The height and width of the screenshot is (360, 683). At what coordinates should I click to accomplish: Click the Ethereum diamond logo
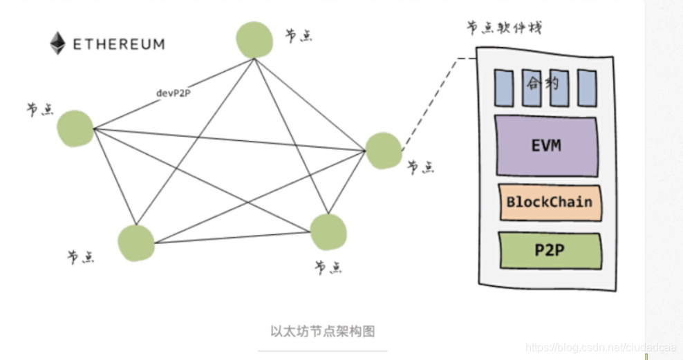tap(57, 44)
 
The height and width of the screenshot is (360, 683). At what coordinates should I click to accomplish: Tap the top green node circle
tap(254, 40)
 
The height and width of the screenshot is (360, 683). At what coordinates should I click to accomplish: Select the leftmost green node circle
tap(75, 129)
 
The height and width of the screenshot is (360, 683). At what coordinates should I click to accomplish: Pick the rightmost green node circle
tap(382, 151)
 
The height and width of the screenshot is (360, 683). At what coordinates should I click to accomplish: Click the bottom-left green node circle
tap(135, 243)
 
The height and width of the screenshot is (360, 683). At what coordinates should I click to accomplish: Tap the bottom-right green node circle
tap(328, 232)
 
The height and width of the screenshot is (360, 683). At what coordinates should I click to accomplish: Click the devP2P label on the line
tap(174, 92)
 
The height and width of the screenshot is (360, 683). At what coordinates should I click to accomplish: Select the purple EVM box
tap(546, 146)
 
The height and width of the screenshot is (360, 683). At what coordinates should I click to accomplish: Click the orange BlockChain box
tap(549, 202)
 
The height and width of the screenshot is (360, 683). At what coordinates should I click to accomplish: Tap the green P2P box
tap(549, 250)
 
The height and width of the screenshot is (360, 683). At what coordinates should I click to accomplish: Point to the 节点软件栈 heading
tap(504, 28)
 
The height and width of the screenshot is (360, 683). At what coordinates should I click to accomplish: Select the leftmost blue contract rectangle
tap(503, 87)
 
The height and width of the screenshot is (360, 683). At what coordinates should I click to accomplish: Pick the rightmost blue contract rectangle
tap(587, 87)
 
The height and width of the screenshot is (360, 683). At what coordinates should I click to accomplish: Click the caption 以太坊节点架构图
tap(322, 331)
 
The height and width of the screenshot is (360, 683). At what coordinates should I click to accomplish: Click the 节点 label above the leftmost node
tap(40, 109)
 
